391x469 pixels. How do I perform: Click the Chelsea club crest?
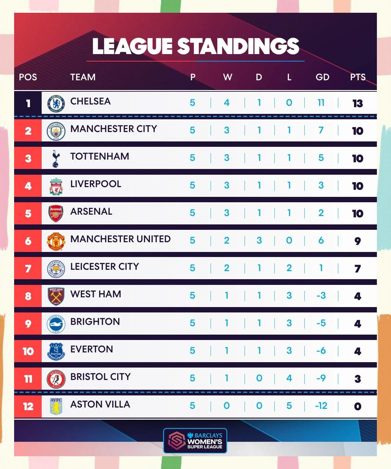point(56,103)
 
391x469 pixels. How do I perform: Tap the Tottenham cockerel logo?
point(56,159)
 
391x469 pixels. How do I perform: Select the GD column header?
point(322,77)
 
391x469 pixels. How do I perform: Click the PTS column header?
point(357,77)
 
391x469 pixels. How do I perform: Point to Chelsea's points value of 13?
point(357,103)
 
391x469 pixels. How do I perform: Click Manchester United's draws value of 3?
point(259,241)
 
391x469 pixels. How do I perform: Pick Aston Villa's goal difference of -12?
point(321,406)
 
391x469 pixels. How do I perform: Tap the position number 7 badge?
point(28,268)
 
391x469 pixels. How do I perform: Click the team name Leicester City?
point(104,267)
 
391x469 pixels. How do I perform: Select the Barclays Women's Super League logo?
point(195,440)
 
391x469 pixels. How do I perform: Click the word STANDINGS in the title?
point(238,46)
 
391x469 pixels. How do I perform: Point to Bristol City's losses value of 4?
point(289,378)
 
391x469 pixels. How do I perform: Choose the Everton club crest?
point(56,351)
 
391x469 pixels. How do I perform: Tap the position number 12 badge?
point(28,406)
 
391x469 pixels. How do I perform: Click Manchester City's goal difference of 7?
point(321,130)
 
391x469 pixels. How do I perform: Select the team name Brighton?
point(95,322)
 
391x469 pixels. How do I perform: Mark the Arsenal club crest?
point(56,214)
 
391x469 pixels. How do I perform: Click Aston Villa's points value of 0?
point(357,406)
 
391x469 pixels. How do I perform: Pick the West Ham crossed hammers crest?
point(56,296)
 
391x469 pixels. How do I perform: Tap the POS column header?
point(28,77)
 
